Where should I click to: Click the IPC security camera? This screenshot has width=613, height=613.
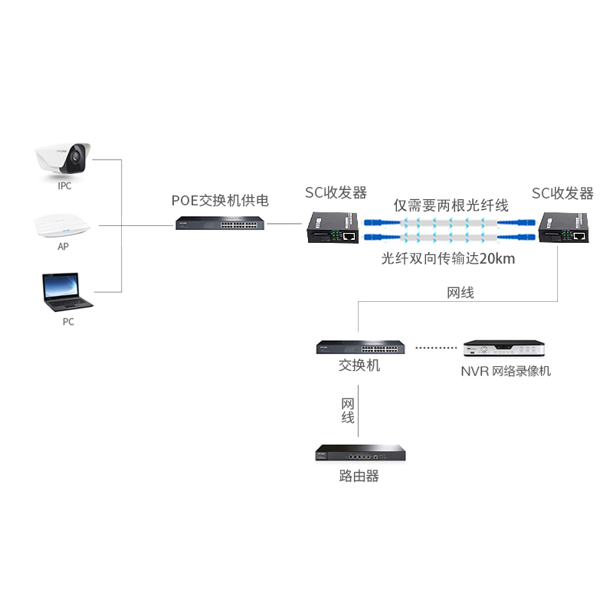[63, 159]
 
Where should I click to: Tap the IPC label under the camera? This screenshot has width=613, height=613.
[64, 186]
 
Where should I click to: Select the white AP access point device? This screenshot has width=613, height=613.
[62, 225]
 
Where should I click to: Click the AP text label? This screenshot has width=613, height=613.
[63, 247]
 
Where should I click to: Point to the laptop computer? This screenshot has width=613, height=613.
[67, 292]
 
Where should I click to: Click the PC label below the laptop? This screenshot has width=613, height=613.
[68, 322]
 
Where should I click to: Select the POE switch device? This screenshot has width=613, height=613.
[220, 223]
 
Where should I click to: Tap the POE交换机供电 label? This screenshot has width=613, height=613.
[220, 201]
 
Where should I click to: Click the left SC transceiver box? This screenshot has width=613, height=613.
[333, 228]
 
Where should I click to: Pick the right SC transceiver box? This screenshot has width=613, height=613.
[563, 228]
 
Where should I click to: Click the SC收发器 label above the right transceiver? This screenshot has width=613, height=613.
[562, 193]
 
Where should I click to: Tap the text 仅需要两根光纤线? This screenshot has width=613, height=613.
[451, 205]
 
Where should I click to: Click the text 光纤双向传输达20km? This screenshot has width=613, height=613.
[448, 258]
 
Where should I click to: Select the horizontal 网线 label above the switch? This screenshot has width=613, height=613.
[461, 293]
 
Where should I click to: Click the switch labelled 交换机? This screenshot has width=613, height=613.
[360, 347]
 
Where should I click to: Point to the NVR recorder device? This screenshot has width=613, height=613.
[504, 348]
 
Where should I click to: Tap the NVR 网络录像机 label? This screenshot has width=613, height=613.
[506, 371]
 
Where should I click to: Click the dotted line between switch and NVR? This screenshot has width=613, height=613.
[436, 348]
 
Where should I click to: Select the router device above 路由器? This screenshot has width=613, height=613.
[360, 453]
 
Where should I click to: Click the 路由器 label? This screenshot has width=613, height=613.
[359, 476]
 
